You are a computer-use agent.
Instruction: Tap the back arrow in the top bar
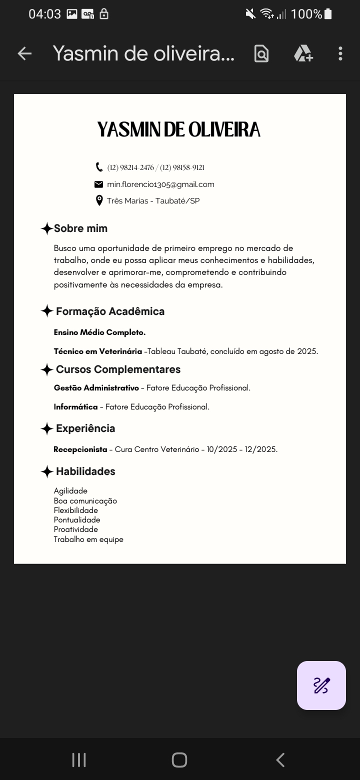[x=24, y=53]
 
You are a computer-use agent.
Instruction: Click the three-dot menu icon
[x=340, y=53]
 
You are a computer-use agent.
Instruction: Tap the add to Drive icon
[x=303, y=53]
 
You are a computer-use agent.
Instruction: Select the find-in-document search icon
[x=261, y=53]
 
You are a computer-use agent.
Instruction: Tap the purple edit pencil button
[x=321, y=685]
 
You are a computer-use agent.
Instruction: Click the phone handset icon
[x=98, y=167]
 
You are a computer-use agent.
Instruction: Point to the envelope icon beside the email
[x=98, y=184]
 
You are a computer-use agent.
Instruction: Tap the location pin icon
[x=98, y=201]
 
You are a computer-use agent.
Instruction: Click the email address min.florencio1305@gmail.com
[x=160, y=184]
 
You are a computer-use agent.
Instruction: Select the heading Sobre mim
[x=80, y=228]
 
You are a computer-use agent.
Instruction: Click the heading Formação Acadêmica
[x=110, y=311]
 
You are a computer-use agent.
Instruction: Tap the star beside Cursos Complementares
[x=46, y=370]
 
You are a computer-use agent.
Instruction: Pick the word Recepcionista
[x=80, y=449]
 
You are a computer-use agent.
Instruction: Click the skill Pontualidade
[x=77, y=520]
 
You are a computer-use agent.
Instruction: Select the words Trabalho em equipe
[x=88, y=539]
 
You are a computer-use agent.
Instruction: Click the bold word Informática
[x=76, y=407]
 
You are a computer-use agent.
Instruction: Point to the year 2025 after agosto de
[x=306, y=351]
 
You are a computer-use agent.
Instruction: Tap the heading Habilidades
[x=85, y=471]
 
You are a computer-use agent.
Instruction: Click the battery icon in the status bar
[x=328, y=14]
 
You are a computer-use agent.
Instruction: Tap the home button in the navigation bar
[x=179, y=760]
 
